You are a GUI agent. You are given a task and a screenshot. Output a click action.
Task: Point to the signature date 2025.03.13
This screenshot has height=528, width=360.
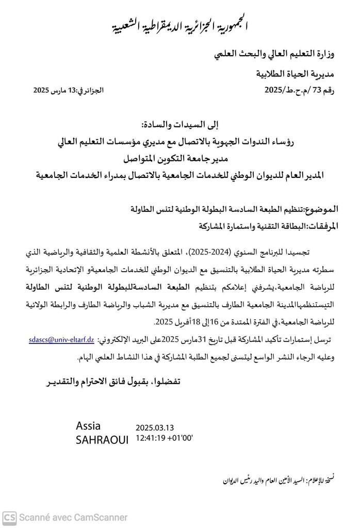(155, 427)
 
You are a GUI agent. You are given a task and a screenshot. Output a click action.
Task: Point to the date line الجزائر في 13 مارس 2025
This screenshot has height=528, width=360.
(69, 90)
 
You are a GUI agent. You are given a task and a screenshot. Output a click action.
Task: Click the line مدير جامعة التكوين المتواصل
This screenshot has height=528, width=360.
(179, 158)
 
